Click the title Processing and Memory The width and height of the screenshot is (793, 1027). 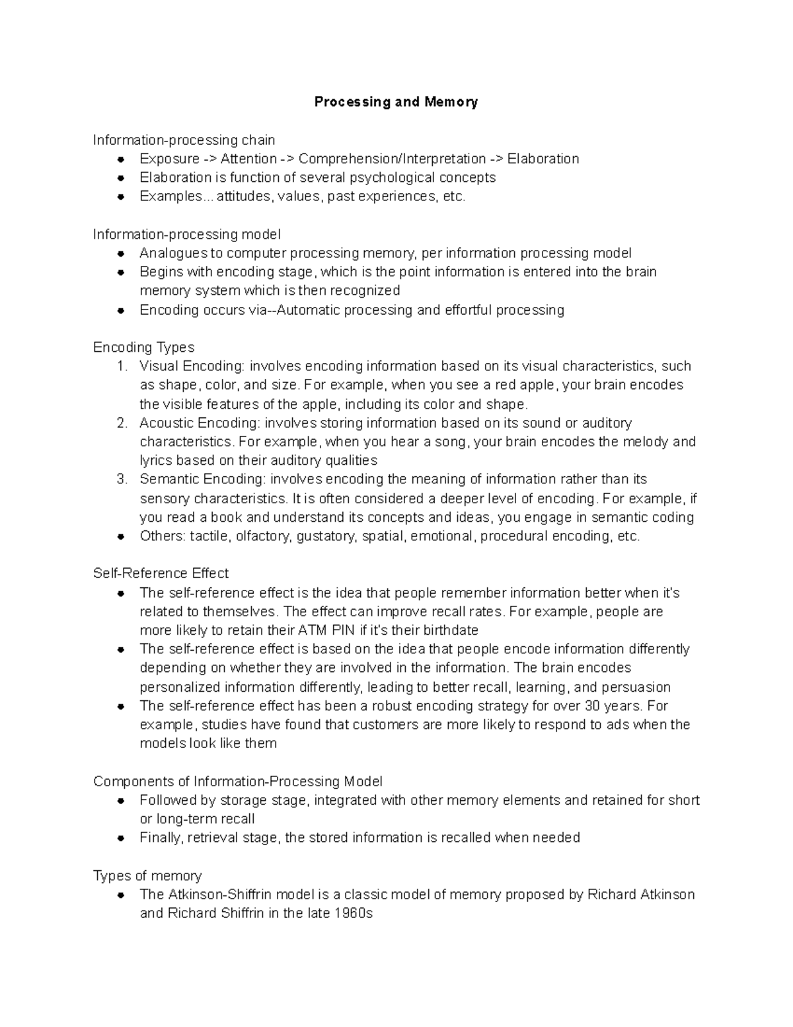(396, 102)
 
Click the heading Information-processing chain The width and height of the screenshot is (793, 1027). (184, 140)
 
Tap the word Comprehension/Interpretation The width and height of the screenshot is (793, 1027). (392, 159)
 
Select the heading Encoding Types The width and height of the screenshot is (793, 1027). (143, 347)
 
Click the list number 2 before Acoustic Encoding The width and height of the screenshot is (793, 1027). (121, 423)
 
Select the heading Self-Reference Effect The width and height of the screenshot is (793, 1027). (161, 573)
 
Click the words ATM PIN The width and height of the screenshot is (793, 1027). (326, 630)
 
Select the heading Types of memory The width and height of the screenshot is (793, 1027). (147, 876)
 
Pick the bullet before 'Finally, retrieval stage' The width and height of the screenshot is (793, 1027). (121, 839)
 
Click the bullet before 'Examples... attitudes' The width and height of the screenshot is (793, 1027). (121, 197)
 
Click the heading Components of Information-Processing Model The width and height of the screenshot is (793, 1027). (238, 782)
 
